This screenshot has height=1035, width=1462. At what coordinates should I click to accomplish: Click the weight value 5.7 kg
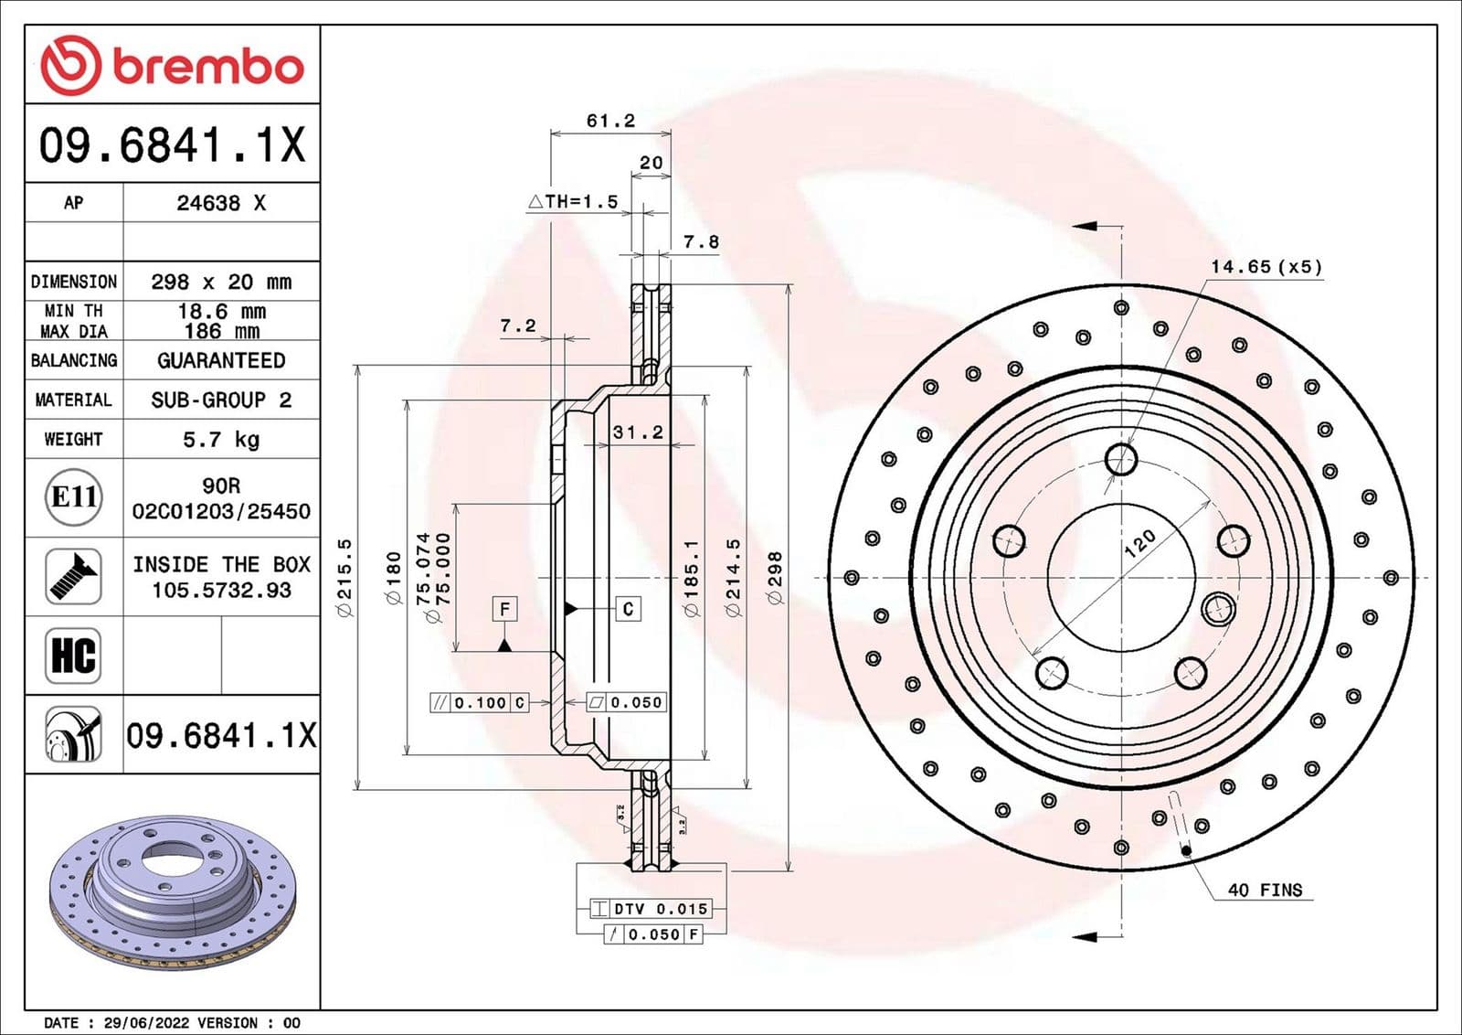221,440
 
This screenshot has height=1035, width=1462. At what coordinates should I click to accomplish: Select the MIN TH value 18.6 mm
221,312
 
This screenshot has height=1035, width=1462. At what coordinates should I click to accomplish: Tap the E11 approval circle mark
73,497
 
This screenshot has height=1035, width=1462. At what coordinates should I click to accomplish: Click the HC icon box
73,656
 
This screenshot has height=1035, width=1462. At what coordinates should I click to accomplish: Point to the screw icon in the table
73,576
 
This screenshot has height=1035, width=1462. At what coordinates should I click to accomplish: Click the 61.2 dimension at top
610,121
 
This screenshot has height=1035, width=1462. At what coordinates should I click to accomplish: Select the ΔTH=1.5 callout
574,202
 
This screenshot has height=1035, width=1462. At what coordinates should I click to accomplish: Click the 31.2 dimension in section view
638,432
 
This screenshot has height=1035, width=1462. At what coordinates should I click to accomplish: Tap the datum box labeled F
504,609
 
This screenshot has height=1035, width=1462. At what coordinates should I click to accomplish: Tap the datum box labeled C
628,609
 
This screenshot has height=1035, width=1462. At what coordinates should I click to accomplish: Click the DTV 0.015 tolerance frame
651,909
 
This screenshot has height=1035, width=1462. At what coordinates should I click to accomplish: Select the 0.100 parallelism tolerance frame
480,702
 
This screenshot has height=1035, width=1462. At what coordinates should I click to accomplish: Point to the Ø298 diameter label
775,578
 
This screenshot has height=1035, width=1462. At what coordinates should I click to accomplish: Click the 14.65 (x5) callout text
1266,267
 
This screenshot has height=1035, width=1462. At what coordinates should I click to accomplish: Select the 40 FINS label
1265,890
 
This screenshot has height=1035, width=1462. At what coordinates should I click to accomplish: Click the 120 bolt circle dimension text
1139,544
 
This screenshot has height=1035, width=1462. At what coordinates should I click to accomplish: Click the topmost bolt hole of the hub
1121,459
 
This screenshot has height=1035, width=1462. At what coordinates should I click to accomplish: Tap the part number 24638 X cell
221,203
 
